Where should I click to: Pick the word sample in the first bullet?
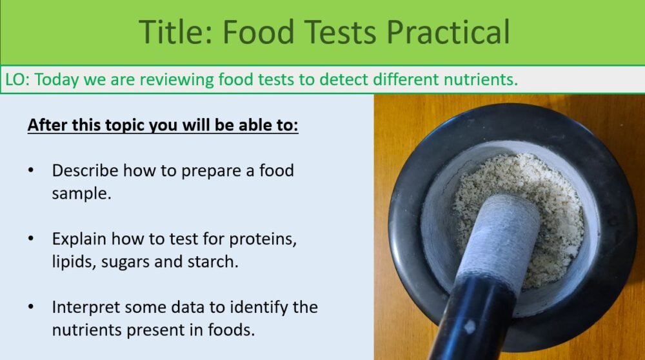pos(81,194)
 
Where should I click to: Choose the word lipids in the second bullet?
pos(72,262)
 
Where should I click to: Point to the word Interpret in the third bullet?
pos(84,307)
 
